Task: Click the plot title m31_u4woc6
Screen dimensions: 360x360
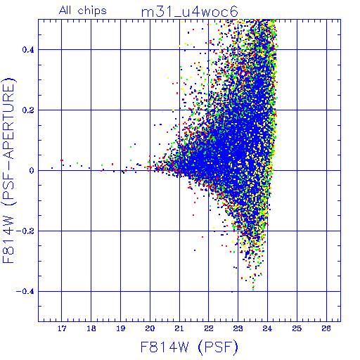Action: point(190,12)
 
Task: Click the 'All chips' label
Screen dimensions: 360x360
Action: point(83,11)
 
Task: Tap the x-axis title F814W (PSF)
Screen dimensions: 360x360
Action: point(189,347)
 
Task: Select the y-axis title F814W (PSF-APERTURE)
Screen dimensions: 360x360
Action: point(8,170)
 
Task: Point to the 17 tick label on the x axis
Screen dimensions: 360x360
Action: point(62,328)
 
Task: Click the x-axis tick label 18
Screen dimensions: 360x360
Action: point(91,328)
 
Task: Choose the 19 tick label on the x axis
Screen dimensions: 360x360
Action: point(121,328)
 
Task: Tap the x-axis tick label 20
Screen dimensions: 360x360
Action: point(150,328)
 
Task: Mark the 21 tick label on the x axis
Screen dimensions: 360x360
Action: point(179,328)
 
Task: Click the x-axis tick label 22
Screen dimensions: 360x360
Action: point(209,328)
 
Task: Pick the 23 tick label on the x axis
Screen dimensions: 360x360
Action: point(238,328)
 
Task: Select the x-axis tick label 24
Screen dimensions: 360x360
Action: point(267,328)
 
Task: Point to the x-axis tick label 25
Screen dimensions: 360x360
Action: point(297,328)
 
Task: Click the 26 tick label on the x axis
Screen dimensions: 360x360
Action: point(326,328)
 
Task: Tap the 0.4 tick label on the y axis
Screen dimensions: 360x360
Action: point(28,50)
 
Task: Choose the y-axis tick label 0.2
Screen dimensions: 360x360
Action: point(28,110)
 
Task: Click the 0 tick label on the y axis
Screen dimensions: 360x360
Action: point(32,171)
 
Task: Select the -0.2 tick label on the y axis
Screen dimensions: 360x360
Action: point(25,231)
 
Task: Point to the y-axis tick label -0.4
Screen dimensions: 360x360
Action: point(25,292)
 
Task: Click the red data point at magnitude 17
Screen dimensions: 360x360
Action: point(62,160)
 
